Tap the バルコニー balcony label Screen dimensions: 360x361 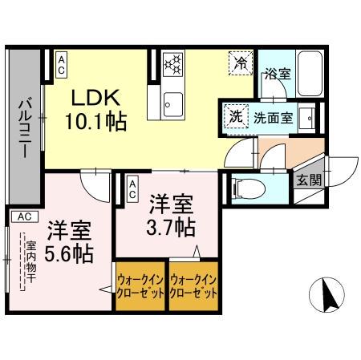click(x=25, y=127)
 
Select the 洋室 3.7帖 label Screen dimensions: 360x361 click(x=172, y=214)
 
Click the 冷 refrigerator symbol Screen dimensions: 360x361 click(x=239, y=62)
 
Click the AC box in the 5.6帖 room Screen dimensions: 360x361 click(x=23, y=216)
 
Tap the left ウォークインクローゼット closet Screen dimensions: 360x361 click(x=141, y=286)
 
